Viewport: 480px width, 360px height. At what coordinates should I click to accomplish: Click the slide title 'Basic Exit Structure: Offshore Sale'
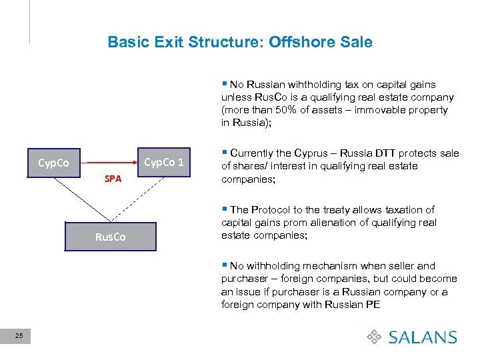[x=240, y=42]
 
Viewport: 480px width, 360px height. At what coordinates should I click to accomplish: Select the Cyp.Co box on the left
[x=53, y=163]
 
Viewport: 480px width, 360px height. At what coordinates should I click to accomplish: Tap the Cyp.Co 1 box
[x=164, y=162]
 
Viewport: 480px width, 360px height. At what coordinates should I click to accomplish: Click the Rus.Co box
[x=110, y=237]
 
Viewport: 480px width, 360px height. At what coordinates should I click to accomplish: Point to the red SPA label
[x=113, y=179]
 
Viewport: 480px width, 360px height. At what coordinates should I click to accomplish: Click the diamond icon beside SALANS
[x=375, y=337]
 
